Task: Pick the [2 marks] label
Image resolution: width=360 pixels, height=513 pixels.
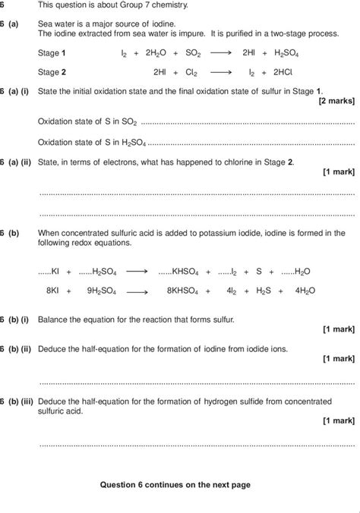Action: click(x=336, y=100)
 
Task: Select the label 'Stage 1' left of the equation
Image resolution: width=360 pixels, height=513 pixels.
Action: click(x=52, y=54)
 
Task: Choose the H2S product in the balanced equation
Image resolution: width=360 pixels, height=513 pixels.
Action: click(x=263, y=290)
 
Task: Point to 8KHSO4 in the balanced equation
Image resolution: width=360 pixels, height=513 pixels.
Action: click(x=176, y=290)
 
